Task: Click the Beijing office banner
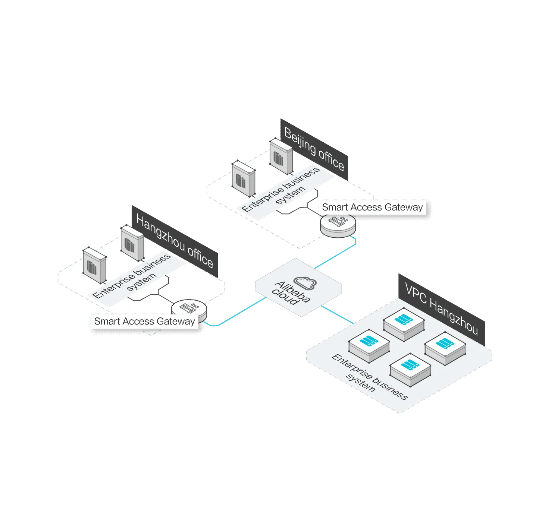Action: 314,149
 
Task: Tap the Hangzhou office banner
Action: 175,241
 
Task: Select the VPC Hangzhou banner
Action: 441,309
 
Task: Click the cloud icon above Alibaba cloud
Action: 305,283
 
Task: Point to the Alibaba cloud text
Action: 291,293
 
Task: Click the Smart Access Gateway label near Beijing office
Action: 372,207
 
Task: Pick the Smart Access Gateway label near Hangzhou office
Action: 144,321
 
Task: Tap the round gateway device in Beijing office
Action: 338,225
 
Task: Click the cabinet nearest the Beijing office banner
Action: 281,156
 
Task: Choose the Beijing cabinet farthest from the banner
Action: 244,178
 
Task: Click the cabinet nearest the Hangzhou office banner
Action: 132,243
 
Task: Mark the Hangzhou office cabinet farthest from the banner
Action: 94,265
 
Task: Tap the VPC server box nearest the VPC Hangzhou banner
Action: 404,324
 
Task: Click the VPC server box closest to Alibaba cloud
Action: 369,346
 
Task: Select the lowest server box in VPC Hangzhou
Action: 410,370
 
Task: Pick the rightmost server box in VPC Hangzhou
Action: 445,348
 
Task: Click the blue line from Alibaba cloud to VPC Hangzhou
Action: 337,314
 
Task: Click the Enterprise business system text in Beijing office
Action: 280,189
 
